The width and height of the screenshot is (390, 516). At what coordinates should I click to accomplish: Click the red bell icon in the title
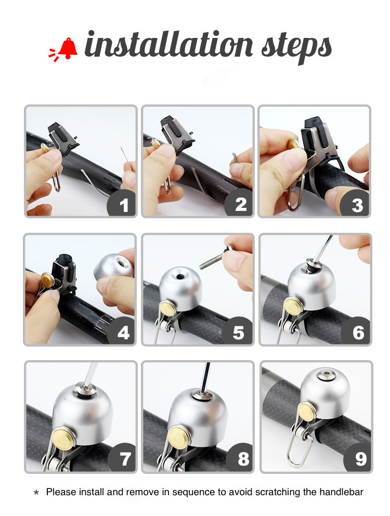tap(63, 49)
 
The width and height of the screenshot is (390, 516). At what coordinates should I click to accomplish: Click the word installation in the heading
tap(168, 44)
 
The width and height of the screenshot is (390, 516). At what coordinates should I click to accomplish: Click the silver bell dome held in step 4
tap(114, 266)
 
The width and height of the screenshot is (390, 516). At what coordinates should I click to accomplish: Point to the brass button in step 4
tap(48, 281)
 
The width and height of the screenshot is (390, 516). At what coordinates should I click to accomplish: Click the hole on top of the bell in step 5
tap(180, 276)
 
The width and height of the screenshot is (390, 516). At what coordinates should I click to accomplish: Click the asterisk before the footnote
tap(36, 492)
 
